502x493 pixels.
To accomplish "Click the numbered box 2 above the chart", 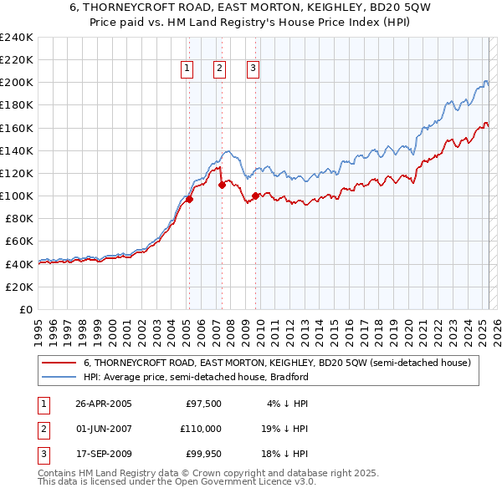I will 219,69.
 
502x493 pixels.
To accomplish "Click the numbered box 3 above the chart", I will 253,69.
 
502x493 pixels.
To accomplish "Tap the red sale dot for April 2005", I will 189,199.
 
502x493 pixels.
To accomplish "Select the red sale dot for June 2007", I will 222,185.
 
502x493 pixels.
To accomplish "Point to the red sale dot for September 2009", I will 255,196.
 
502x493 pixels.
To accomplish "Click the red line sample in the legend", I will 58,363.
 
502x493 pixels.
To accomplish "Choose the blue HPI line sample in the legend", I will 58,377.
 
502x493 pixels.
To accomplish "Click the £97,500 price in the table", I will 203,404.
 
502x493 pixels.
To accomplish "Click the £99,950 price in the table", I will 203,454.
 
